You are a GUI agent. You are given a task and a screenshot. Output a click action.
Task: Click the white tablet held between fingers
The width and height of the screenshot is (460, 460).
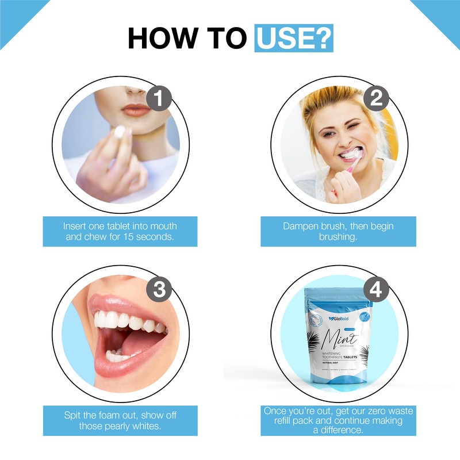coord(120,132)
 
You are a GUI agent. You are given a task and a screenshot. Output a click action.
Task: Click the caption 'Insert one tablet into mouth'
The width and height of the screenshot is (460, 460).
coord(120,226)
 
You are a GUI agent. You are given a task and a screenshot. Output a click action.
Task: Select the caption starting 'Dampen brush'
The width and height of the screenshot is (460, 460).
coord(338,226)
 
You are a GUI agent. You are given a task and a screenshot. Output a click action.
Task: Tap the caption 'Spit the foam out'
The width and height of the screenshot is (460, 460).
coord(120,415)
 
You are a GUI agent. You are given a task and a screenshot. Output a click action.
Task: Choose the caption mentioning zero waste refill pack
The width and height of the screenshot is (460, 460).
coord(338,420)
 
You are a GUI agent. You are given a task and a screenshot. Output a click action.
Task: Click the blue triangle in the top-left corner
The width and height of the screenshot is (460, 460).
coord(14,14)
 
